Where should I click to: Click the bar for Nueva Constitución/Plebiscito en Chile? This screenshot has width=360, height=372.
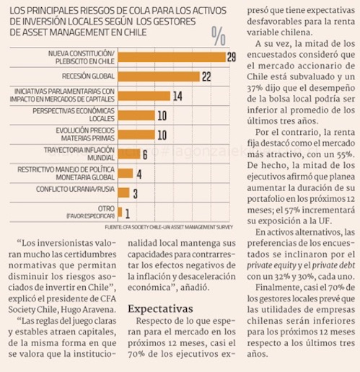(x=172, y=57)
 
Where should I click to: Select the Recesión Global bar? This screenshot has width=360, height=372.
(x=159, y=76)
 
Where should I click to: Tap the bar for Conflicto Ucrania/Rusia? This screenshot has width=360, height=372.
(x=123, y=192)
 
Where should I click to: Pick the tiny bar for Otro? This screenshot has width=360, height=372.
(x=120, y=212)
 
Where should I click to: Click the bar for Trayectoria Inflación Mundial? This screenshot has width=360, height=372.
(x=129, y=154)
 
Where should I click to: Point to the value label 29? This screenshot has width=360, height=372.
(x=232, y=57)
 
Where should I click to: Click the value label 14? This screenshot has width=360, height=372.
(x=177, y=96)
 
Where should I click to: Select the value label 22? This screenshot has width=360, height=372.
(x=206, y=76)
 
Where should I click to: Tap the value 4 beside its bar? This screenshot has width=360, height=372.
(x=139, y=174)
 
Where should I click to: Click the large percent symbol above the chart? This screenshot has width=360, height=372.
(x=219, y=36)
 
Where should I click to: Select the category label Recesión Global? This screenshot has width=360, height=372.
(x=88, y=76)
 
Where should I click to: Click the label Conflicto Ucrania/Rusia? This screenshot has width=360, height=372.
(x=75, y=189)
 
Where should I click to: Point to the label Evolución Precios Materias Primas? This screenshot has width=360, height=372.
(x=85, y=134)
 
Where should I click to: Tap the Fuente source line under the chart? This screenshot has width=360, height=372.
(x=169, y=227)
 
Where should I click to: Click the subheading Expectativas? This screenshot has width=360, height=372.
(x=160, y=309)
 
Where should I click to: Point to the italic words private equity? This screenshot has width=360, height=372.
(x=271, y=265)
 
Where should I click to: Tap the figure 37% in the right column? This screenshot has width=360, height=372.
(x=255, y=88)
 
